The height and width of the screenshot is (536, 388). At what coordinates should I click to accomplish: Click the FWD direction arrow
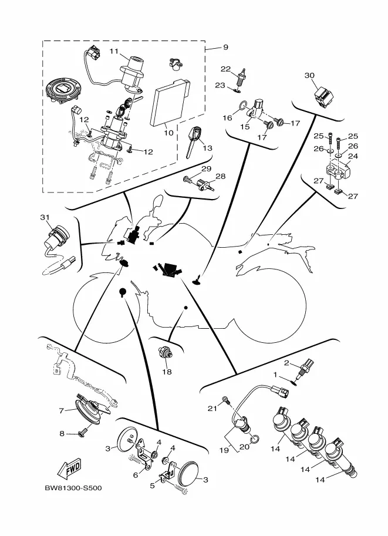pos(69,469)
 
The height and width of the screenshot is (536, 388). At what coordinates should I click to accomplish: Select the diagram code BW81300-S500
pos(73,488)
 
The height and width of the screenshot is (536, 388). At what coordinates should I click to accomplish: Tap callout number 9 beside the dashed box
pos(225,47)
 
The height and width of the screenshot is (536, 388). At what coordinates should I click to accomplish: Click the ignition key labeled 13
pos(193,141)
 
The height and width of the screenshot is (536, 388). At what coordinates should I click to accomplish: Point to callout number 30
pos(309,75)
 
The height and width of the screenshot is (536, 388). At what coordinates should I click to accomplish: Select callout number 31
pos(45,217)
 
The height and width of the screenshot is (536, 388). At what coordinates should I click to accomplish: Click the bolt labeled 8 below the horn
pos(83,433)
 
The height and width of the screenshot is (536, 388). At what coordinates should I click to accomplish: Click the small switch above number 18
pos(165,352)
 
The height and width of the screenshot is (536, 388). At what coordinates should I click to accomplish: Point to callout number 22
pos(225,69)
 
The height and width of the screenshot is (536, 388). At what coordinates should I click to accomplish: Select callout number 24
pos(353,156)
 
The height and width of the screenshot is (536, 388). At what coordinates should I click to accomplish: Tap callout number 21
pos(212,408)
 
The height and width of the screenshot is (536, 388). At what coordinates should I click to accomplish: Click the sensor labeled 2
pos(305,369)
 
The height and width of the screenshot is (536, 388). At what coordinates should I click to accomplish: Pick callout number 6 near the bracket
pos(136,475)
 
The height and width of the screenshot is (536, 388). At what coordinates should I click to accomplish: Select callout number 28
pos(221,176)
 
